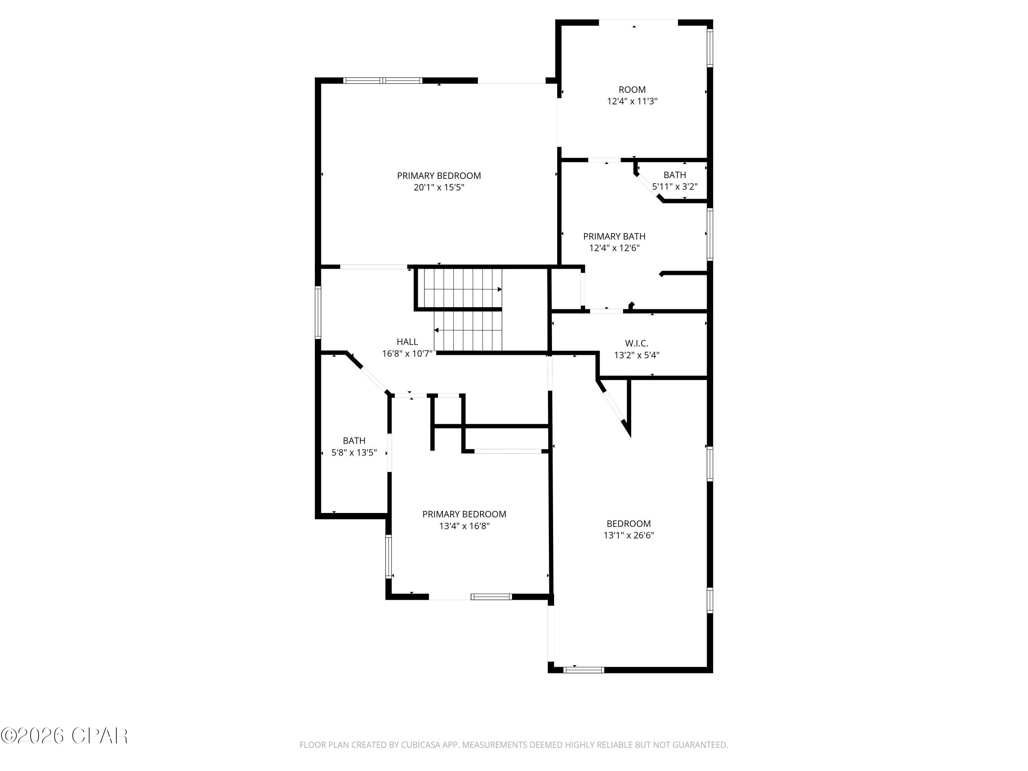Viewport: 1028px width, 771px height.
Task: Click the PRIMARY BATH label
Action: pyautogui.click(x=614, y=236)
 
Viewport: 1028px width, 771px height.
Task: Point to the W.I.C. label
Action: pyautogui.click(x=636, y=343)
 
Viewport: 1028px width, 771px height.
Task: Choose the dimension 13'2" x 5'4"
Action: pyautogui.click(x=636, y=355)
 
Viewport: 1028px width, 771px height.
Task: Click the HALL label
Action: pyautogui.click(x=407, y=342)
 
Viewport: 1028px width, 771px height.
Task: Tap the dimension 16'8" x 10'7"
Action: pyautogui.click(x=407, y=354)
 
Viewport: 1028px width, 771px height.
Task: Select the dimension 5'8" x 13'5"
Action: pyautogui.click(x=354, y=452)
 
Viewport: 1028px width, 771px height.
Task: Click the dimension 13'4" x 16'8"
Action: pyautogui.click(x=464, y=526)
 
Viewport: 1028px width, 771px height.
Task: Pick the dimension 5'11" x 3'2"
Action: pyautogui.click(x=674, y=187)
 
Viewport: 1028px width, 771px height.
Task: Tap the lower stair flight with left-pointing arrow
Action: pyautogui.click(x=468, y=330)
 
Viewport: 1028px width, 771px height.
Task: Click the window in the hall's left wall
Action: pyautogui.click(x=318, y=312)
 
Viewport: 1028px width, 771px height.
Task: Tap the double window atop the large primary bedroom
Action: pyautogui.click(x=382, y=81)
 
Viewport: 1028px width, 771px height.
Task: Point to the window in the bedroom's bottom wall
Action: pyautogui.click(x=583, y=670)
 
